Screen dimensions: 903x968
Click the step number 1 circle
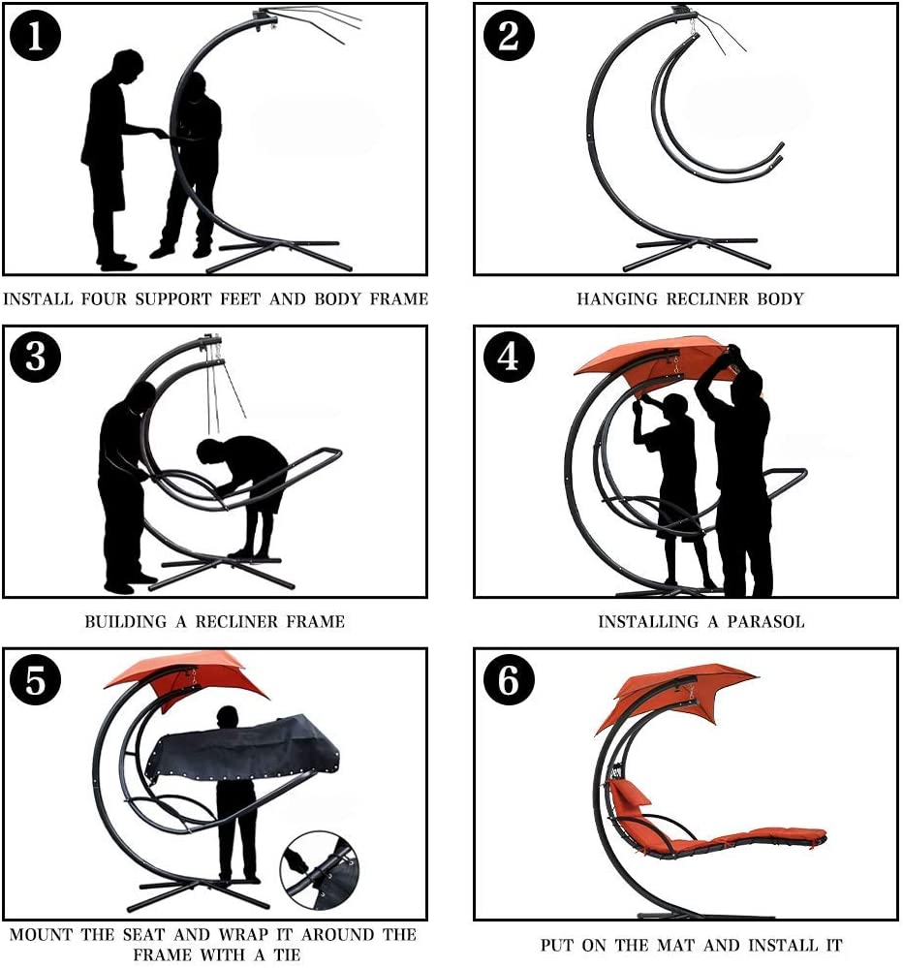[x=35, y=36]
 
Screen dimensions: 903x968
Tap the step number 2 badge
[x=508, y=36]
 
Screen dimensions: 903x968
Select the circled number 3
[x=35, y=358]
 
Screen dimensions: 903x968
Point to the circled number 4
[x=508, y=358]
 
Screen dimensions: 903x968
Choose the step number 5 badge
[x=35, y=679]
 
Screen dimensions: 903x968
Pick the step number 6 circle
[x=508, y=679]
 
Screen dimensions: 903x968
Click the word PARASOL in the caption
[x=765, y=622]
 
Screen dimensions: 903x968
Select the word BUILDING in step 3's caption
[x=126, y=622]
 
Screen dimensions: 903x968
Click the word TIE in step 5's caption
[x=287, y=954]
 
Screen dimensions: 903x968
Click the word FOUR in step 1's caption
[x=104, y=299]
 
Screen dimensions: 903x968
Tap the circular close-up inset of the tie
[x=320, y=871]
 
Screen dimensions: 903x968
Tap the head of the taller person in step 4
[x=749, y=388]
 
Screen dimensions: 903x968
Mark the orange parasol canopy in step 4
[x=651, y=360]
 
